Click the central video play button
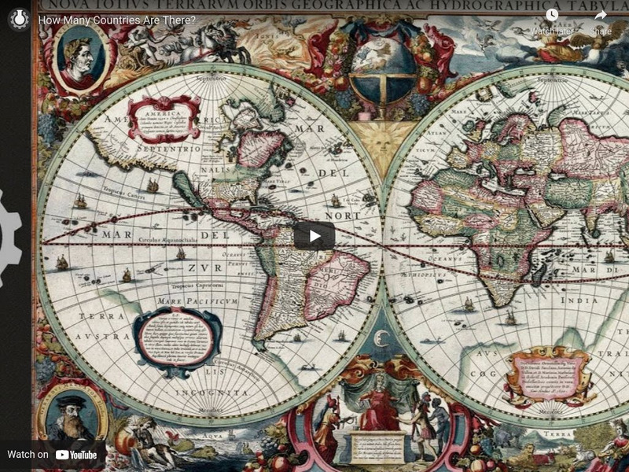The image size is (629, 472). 314,236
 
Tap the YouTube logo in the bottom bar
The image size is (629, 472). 76,455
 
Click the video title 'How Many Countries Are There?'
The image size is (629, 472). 117,19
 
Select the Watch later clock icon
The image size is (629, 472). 552,15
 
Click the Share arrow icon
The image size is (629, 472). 601,15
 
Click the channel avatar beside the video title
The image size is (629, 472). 19,19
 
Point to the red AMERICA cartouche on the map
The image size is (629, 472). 164,119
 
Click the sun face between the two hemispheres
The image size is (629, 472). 383,142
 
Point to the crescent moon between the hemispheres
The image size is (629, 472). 383,339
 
